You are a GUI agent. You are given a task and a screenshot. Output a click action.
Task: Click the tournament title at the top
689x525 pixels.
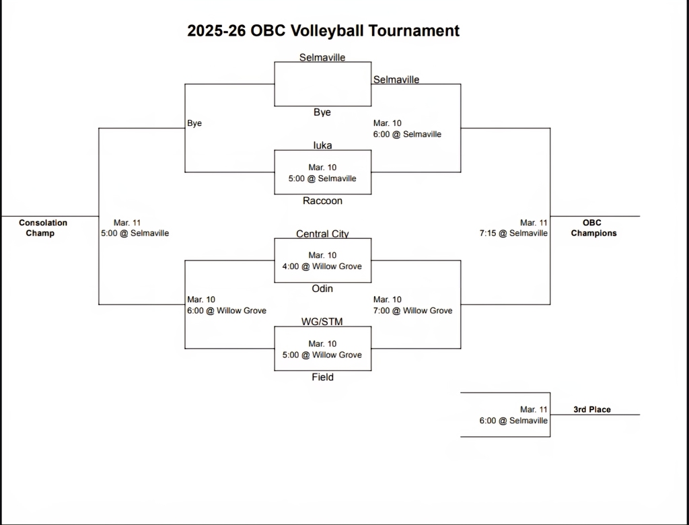tap(323, 30)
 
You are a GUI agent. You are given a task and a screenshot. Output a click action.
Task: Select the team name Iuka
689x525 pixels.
tap(322, 145)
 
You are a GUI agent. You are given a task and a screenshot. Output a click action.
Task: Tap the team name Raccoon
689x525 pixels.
tap(322, 201)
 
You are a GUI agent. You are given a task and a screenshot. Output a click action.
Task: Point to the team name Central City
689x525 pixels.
tap(322, 234)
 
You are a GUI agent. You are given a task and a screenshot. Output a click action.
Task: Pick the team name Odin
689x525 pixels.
tap(322, 289)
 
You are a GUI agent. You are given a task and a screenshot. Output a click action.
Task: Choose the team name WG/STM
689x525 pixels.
tap(322, 322)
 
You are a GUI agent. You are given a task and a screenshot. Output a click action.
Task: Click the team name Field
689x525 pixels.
tap(322, 378)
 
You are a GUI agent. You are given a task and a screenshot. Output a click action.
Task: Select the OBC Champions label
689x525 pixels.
tap(593, 228)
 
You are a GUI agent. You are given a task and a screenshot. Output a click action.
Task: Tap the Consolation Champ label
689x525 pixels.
tap(43, 228)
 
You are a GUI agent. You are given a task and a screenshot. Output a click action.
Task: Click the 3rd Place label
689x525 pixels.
tap(592, 409)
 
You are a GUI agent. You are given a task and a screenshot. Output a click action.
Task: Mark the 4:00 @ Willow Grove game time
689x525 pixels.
tap(322, 267)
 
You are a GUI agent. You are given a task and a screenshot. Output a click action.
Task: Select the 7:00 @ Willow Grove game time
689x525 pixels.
tap(412, 311)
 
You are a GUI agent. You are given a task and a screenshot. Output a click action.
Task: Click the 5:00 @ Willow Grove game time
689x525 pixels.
tap(322, 355)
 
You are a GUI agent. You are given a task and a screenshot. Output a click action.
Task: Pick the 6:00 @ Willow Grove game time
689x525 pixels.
tap(227, 311)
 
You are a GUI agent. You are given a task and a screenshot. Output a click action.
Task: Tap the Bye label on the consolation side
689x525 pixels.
tap(194, 124)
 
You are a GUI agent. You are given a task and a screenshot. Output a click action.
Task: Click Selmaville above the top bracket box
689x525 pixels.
tap(322, 58)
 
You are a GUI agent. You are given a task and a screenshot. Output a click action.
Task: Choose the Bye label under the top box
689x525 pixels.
tap(322, 112)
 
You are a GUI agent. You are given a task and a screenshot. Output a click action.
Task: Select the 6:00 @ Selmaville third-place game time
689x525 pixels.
tap(513, 421)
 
